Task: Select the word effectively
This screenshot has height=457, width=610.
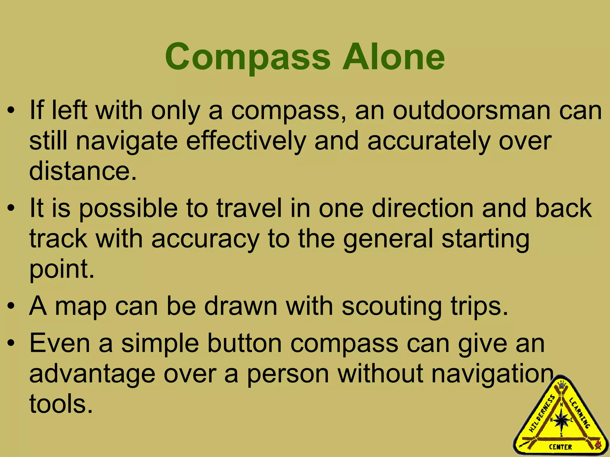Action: [x=246, y=141]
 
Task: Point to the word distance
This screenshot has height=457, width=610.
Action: [x=83, y=171]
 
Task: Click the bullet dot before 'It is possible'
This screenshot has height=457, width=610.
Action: [x=11, y=209]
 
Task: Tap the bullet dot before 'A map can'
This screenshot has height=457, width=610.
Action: [x=11, y=307]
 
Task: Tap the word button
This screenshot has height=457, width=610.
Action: [x=244, y=344]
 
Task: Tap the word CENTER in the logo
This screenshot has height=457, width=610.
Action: [x=561, y=447]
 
